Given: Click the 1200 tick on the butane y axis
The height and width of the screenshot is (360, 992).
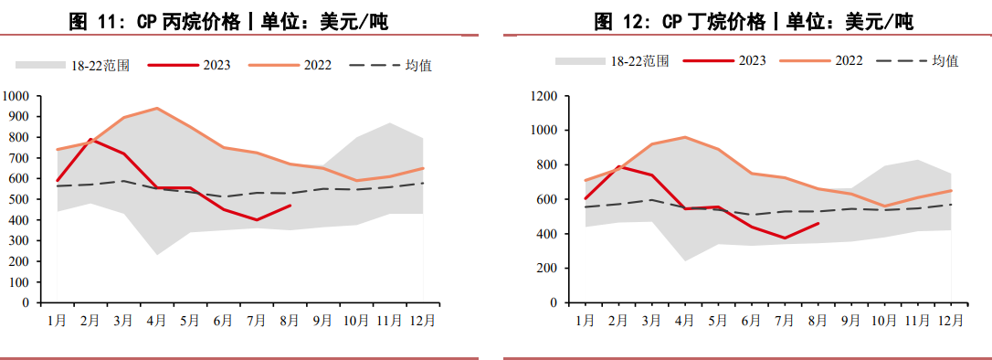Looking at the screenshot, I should [x=544, y=96].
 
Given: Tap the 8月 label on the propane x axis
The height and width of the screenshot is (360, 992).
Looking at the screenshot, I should [x=290, y=321].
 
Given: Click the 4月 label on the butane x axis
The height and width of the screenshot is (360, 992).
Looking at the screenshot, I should [x=685, y=320].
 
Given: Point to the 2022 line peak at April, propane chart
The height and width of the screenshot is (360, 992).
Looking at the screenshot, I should [x=156, y=108].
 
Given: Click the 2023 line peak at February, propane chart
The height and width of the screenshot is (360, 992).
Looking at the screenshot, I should [x=90, y=140].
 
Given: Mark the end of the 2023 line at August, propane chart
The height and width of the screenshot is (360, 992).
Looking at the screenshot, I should [x=290, y=206].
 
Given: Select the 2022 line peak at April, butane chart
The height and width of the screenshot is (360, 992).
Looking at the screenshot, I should [x=685, y=137].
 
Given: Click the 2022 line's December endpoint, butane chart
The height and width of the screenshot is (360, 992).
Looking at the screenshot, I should [x=952, y=190].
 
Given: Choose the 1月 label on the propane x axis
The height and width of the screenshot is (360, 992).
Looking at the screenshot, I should [x=57, y=321].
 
